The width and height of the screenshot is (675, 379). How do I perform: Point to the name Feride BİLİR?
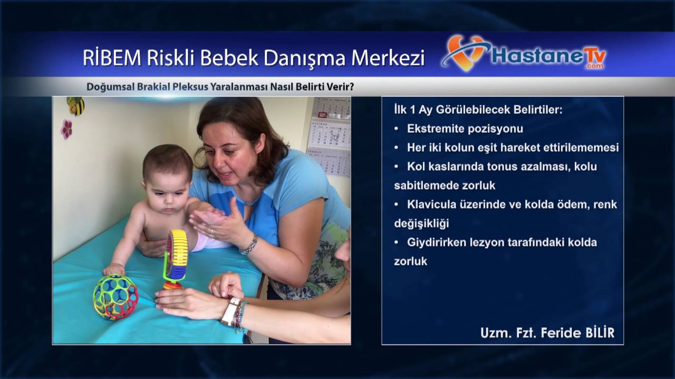click(577, 333)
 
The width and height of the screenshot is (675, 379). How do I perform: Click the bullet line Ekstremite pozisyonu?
click(465, 129)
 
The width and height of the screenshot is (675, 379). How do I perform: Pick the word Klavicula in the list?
click(430, 204)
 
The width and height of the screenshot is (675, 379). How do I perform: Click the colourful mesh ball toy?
click(115, 296)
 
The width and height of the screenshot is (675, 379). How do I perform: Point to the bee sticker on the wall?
click(75, 105)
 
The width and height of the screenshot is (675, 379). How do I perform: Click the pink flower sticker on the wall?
click(66, 129)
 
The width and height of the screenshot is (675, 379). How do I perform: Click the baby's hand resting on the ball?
click(113, 269)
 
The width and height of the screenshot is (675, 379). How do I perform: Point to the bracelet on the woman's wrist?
click(248, 245)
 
